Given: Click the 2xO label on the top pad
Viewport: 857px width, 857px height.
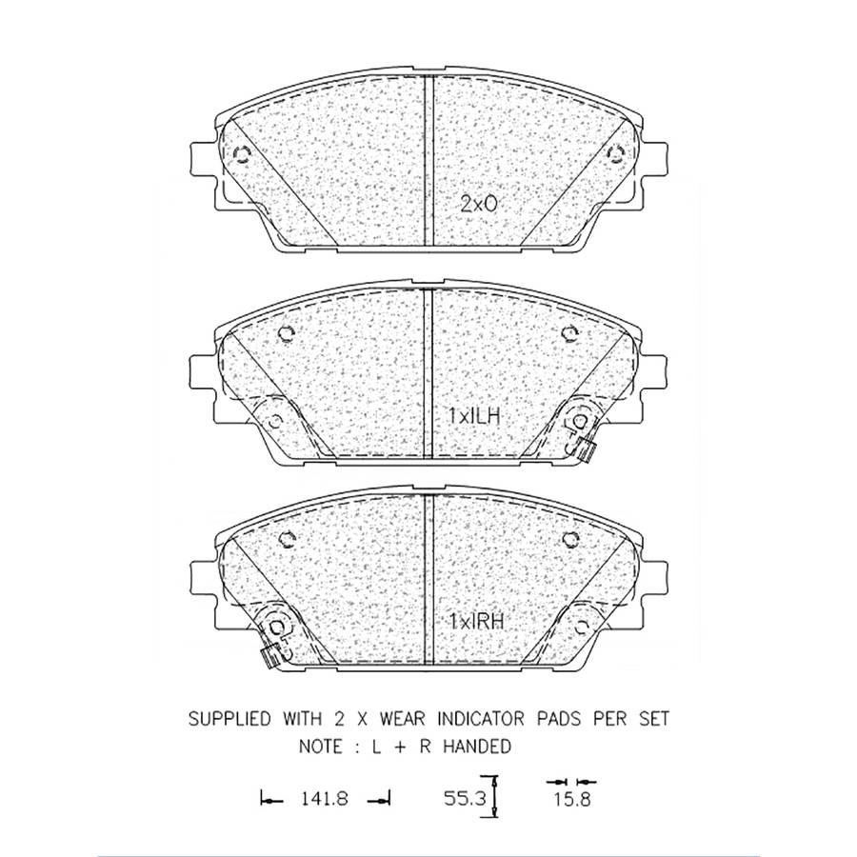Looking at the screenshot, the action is tap(479, 205).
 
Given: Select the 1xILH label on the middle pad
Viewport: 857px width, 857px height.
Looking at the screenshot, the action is tap(474, 416).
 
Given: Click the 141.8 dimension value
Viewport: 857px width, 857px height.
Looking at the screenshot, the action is tap(324, 800).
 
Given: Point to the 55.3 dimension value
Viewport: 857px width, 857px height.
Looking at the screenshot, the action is tap(464, 800).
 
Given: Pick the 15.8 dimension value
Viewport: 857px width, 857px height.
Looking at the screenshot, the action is tap(572, 800).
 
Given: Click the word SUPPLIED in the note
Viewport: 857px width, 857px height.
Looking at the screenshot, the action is tap(229, 718).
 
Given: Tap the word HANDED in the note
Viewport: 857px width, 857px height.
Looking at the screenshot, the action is tap(477, 746).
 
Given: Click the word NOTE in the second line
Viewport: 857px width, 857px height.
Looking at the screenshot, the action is tap(321, 746).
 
